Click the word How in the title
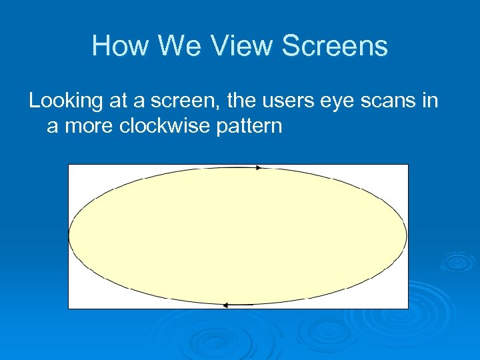click(x=115, y=46)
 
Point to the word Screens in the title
click(x=335, y=46)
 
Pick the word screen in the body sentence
click(x=186, y=101)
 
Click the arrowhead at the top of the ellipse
click(x=259, y=168)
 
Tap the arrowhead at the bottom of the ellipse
click(x=226, y=305)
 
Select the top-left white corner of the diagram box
click(x=75, y=171)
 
